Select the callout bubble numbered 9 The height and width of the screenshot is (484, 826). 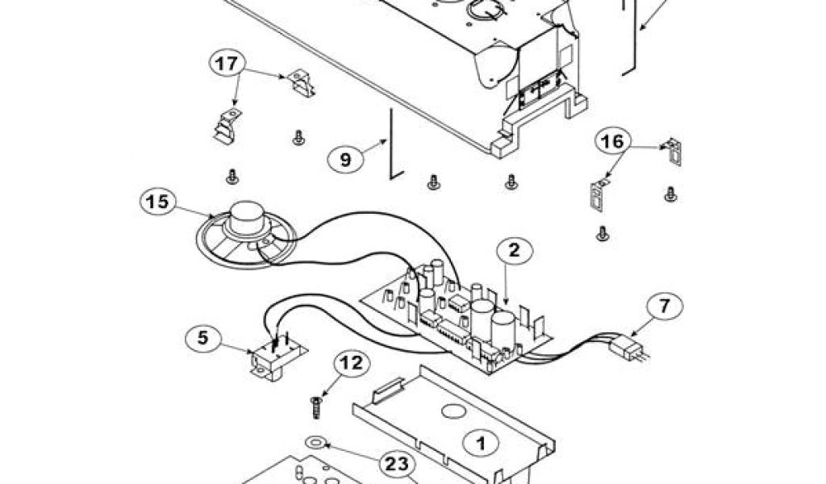coord(345,160)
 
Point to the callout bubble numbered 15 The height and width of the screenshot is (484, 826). coord(157,202)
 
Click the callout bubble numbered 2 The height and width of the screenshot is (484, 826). coord(514,252)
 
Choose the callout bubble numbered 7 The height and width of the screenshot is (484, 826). coord(664,307)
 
